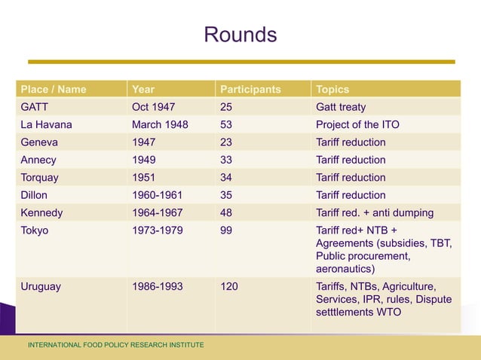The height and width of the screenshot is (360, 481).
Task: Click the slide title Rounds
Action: click(240, 35)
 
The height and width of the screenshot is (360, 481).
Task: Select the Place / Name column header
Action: click(54, 89)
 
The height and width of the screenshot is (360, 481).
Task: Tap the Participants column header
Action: click(250, 89)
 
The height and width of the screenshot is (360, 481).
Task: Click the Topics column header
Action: click(332, 89)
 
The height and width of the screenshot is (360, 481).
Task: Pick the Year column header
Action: click(143, 89)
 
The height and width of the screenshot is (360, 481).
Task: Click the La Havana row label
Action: click(47, 124)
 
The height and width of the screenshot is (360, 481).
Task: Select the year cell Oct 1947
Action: click(154, 107)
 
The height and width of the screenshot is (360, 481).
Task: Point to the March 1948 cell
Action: click(160, 124)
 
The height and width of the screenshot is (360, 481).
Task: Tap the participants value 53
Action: click(226, 124)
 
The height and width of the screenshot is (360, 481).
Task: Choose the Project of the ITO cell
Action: click(357, 124)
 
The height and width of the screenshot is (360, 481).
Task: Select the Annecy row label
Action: click(38, 160)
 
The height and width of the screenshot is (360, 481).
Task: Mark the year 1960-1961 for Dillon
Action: click(157, 195)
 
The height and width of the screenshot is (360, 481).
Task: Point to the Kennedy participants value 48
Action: click(226, 213)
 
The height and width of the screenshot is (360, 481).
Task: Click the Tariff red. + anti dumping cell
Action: click(375, 213)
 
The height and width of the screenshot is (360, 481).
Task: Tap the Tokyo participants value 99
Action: click(226, 230)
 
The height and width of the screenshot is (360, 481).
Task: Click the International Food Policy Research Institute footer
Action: click(115, 345)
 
